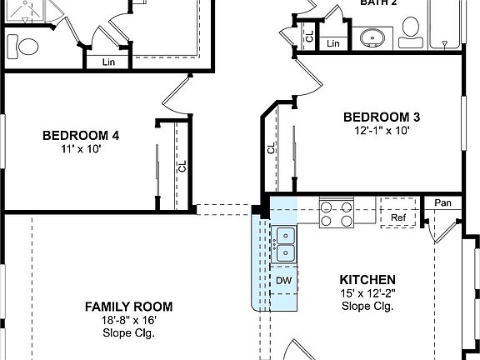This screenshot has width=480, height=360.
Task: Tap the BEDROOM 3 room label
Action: coord(382,117)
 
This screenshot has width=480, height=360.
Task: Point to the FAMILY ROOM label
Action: coord(128,306)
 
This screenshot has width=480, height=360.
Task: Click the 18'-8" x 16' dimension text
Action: coord(129,320)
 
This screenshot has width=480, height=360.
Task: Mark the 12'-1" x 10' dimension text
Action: coord(382,131)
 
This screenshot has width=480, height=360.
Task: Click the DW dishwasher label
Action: coord(284,281)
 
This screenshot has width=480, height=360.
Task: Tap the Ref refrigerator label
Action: coord(397,218)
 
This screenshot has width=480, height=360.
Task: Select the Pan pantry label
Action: coord(442,203)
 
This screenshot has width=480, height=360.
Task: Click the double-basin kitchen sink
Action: coord(286,243)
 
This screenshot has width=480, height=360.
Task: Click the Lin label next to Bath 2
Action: coord(333,43)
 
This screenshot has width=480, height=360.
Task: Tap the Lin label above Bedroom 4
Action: coord(108,62)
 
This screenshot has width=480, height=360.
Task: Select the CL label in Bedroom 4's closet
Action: coord(182,167)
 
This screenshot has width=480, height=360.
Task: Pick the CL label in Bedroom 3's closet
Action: coord(272,148)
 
